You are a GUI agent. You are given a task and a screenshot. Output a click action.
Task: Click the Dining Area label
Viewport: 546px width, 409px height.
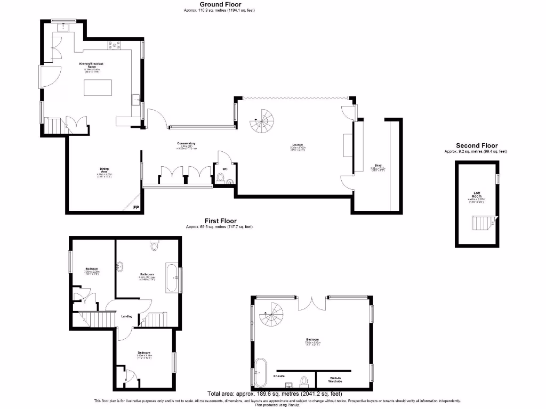point(105,170)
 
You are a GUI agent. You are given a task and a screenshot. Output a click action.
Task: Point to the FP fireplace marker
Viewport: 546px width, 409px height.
point(136,207)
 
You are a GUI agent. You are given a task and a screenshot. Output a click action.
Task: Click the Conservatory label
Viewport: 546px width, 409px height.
point(187,143)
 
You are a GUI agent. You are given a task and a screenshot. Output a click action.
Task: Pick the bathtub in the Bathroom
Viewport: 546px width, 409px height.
point(172,277)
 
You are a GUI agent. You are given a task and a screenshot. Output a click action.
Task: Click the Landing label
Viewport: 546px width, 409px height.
point(127,316)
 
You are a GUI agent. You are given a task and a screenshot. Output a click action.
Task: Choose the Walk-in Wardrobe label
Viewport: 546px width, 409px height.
point(333,380)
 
